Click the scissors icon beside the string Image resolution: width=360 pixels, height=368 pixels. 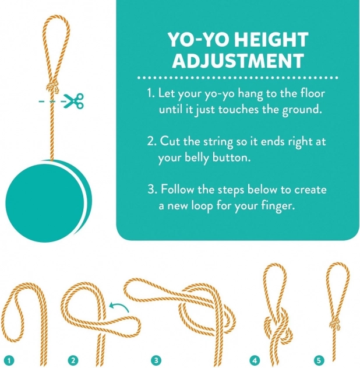[x=74, y=101]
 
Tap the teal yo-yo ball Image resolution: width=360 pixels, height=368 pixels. [x=48, y=201]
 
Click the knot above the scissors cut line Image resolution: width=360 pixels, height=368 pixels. [x=52, y=87]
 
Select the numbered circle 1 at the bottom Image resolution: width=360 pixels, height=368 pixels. [x=9, y=360]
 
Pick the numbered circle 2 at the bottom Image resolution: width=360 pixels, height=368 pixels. [x=73, y=360]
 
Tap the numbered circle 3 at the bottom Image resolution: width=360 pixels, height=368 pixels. [x=156, y=360]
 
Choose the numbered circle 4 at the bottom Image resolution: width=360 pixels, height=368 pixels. [x=255, y=360]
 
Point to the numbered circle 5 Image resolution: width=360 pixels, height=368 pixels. [x=319, y=360]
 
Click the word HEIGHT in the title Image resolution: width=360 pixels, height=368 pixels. [x=271, y=40]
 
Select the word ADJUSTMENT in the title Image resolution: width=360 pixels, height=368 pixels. [x=238, y=60]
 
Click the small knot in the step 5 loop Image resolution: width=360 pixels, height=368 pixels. [x=336, y=325]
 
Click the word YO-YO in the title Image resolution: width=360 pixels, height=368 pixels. [x=199, y=40]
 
